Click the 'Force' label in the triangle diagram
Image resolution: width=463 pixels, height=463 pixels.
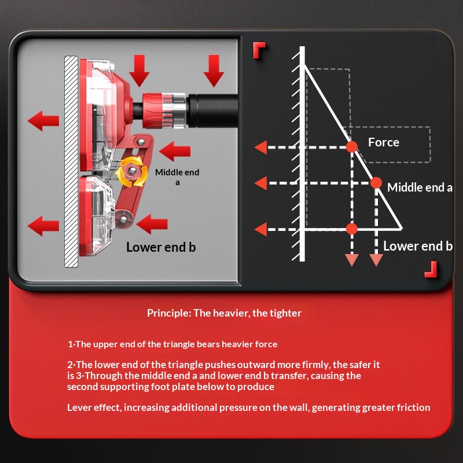(x=383, y=142)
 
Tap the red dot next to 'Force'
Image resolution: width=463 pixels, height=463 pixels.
(x=352, y=147)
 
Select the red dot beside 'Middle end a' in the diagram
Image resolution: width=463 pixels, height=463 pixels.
(x=376, y=183)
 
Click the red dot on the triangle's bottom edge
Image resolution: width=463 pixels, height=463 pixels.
(x=352, y=229)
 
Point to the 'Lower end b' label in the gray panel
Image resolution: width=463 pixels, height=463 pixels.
(x=161, y=247)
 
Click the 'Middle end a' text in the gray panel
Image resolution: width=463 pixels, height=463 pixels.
(x=177, y=177)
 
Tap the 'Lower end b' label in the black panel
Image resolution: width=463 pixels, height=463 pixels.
(x=417, y=246)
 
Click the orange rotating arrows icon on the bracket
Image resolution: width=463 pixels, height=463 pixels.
(x=132, y=171)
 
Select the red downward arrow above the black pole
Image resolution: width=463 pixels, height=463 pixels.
(x=214, y=71)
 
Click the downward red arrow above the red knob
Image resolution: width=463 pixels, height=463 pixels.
(x=139, y=71)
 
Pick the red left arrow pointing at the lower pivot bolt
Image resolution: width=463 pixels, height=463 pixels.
(x=152, y=224)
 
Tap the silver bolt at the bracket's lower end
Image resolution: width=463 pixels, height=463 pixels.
(x=123, y=219)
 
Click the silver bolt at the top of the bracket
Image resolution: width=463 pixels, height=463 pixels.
(x=141, y=142)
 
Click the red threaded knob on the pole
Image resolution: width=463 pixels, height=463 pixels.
(x=153, y=111)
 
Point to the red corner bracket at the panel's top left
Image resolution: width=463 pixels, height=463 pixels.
(x=259, y=49)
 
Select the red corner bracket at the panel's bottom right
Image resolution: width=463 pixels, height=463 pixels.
(x=431, y=269)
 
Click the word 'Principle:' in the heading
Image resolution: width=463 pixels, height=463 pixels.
(x=169, y=313)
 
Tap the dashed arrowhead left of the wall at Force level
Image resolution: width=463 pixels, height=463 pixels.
(x=260, y=148)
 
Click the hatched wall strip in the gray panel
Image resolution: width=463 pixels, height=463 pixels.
(x=71, y=161)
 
